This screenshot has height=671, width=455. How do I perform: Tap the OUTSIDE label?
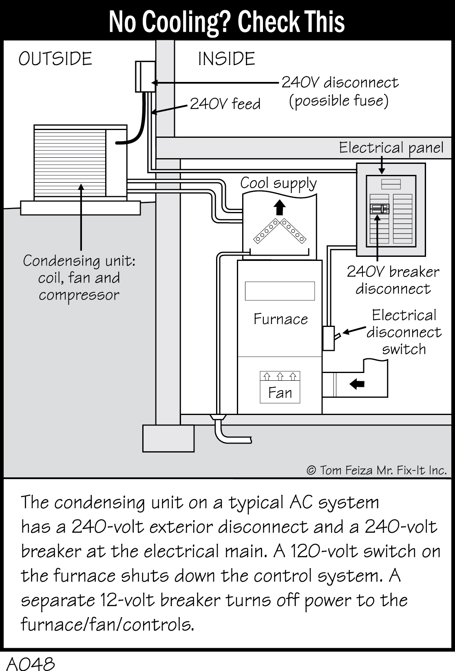(x=55, y=59)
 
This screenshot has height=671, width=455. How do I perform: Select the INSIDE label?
(x=226, y=59)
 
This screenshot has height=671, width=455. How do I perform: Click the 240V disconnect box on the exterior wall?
(x=145, y=77)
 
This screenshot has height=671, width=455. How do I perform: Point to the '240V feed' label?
(x=225, y=104)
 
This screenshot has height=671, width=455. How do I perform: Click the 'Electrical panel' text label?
(x=391, y=148)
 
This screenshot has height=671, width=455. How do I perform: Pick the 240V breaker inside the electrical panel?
(x=379, y=209)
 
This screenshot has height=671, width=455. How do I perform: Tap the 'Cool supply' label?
(x=278, y=183)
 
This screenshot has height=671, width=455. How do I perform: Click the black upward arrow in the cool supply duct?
(x=279, y=207)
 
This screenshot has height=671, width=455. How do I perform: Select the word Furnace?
(x=281, y=319)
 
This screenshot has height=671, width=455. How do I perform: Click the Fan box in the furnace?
(x=280, y=387)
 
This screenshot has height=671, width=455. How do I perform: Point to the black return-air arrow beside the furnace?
(x=357, y=384)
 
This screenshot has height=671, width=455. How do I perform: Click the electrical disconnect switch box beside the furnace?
(x=329, y=338)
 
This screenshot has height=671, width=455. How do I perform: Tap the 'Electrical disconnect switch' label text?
(x=404, y=332)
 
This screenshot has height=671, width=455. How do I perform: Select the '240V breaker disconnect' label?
(x=393, y=280)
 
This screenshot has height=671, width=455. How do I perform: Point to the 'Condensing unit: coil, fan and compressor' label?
(x=79, y=278)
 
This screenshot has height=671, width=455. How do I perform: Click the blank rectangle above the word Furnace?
(x=280, y=291)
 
